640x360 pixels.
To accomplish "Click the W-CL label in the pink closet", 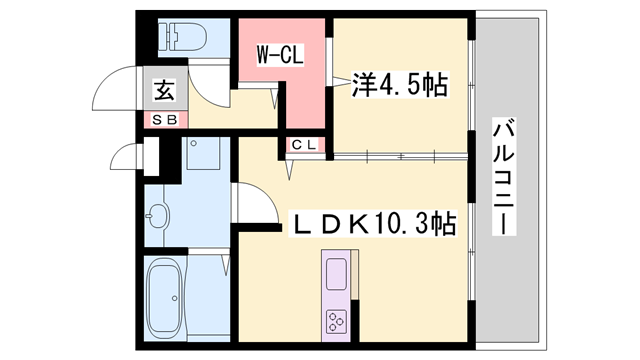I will (280, 53).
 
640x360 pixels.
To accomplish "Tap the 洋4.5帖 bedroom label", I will (398, 85).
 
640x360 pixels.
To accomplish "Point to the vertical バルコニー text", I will (505, 178).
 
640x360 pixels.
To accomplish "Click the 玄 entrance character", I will (164, 91).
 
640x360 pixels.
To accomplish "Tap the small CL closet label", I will (305, 145).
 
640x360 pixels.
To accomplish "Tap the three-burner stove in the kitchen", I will (334, 322).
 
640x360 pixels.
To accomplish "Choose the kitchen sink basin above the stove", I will (335, 272).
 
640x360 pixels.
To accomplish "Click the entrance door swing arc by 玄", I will (112, 88).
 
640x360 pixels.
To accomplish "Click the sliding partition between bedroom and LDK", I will (400, 156).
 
